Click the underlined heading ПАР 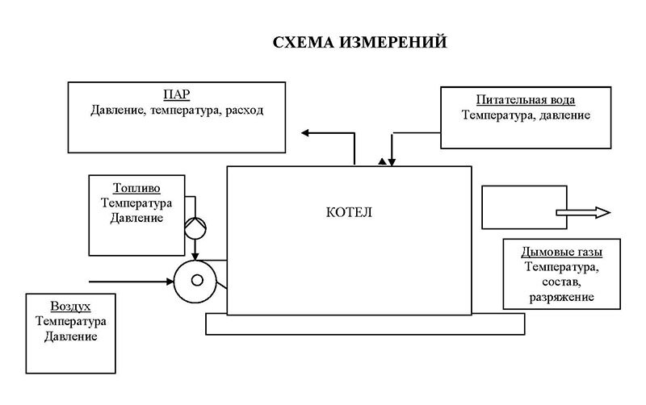[x=176, y=95]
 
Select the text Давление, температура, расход [x=176, y=110]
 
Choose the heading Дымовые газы [x=562, y=250]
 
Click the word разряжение [x=562, y=297]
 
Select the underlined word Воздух [x=69, y=307]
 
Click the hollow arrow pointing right [x=582, y=212]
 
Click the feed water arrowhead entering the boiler [x=392, y=161]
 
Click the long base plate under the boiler [x=366, y=324]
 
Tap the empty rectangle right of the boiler [x=517, y=207]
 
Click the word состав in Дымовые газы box [x=562, y=282]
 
